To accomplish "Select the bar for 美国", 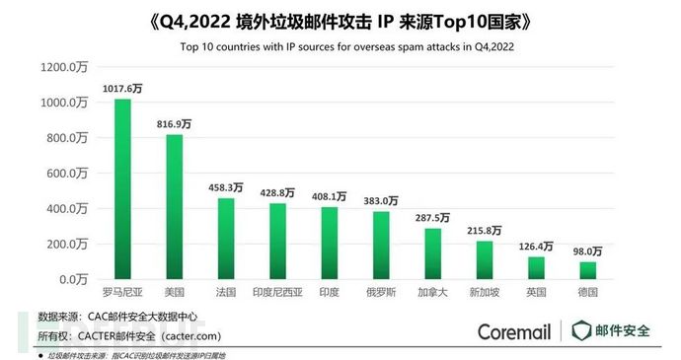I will click(x=174, y=207).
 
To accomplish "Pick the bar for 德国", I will click(x=587, y=270).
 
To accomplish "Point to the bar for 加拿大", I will click(x=432, y=253).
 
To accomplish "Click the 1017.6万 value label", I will click(x=122, y=89).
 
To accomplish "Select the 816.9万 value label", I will click(x=174, y=125).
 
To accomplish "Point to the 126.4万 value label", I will click(x=536, y=247).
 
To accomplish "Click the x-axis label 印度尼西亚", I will click(x=277, y=294).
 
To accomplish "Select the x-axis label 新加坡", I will click(x=484, y=294).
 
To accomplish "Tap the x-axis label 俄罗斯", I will click(x=381, y=294).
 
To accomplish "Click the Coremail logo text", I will click(x=514, y=331).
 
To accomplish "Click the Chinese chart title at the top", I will click(x=340, y=21).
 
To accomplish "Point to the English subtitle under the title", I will click(x=340, y=46).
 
